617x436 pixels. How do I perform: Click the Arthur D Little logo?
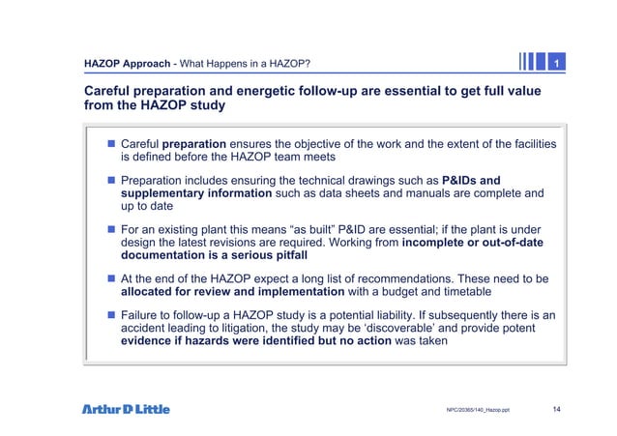125,409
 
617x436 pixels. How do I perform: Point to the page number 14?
556,409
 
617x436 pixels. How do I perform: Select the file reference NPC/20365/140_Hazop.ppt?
478,410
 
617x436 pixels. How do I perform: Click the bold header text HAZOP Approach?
128,65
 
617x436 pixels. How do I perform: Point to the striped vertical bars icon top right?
531,63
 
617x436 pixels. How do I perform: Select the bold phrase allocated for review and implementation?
232,291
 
